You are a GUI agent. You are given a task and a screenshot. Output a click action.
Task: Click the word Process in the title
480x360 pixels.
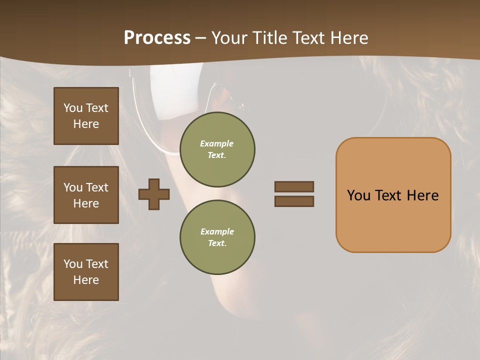click(157, 38)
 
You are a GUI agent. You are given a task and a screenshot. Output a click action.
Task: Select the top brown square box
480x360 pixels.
click(86, 116)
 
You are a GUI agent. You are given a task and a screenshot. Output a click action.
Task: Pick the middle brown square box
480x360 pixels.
click(86, 195)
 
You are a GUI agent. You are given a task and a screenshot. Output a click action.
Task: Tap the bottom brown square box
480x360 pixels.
click(86, 272)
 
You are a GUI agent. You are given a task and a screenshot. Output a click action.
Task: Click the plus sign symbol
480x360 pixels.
click(154, 194)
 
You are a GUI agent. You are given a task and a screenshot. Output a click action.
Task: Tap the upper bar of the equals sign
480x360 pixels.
click(294, 186)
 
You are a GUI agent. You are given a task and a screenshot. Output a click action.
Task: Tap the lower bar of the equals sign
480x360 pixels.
click(294, 201)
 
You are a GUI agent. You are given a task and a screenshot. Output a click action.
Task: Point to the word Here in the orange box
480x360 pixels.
click(422, 195)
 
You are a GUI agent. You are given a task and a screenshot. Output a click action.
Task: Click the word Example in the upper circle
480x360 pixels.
click(217, 143)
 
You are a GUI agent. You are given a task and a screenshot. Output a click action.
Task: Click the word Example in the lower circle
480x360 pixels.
click(217, 231)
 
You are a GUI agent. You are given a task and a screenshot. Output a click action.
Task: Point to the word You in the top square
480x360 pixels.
click(73, 108)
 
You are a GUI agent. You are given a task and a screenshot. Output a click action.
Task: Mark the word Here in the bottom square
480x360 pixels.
click(86, 280)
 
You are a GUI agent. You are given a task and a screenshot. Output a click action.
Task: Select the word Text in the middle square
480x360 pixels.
click(97, 187)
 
